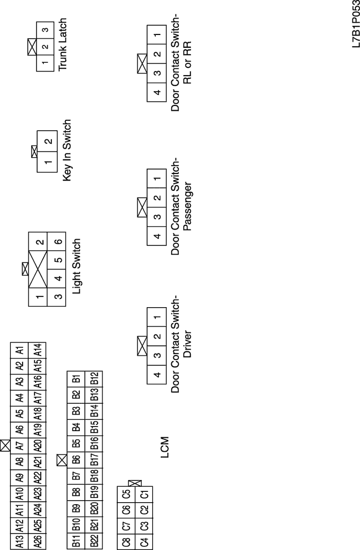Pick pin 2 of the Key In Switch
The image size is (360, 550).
(x=46, y=141)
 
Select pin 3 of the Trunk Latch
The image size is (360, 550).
(x=46, y=30)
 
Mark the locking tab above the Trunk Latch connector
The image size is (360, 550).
(x=31, y=47)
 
